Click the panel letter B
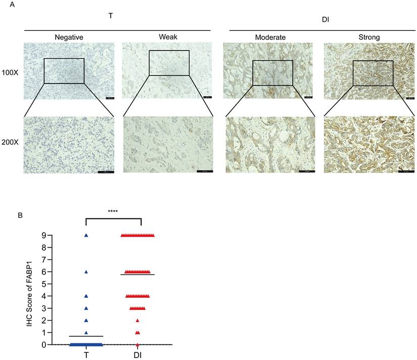(20, 215)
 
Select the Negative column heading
(69, 37)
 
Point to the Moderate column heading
(270, 37)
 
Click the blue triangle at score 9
(86, 236)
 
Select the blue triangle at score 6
(86, 272)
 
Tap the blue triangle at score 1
(86, 333)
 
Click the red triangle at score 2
(137, 321)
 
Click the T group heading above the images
(111, 16)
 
